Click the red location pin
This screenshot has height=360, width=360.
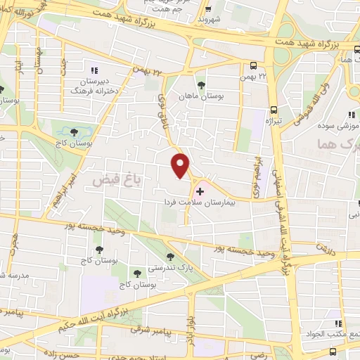pos(181,165)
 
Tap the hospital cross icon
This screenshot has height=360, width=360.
pos(200,191)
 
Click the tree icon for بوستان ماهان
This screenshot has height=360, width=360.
pos(202,84)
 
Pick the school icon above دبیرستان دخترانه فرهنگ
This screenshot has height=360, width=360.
pos(94,70)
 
